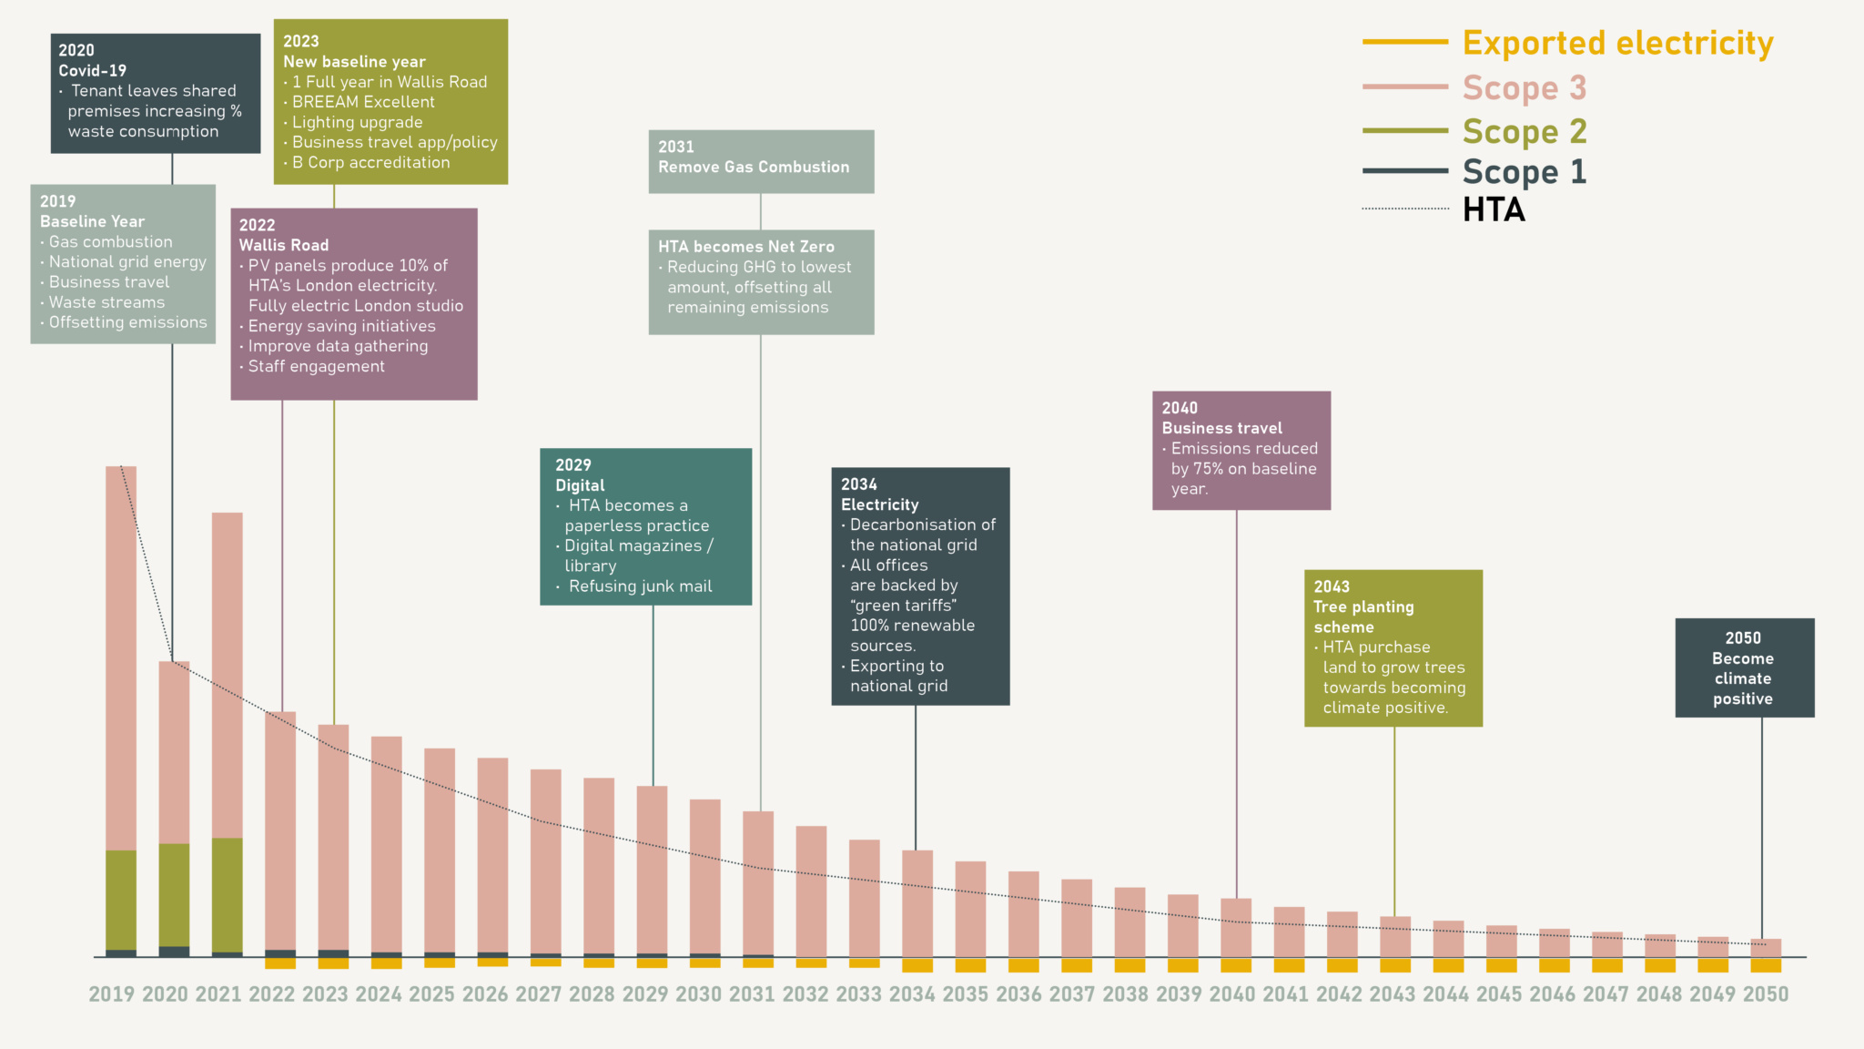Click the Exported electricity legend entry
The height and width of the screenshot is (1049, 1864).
point(1616,43)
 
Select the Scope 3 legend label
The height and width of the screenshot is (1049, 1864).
point(1524,87)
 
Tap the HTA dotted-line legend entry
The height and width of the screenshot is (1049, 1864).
point(1493,209)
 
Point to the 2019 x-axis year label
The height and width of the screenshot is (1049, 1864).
point(111,994)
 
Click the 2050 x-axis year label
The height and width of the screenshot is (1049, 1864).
point(1765,994)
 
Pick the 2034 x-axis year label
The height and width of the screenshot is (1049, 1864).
point(912,994)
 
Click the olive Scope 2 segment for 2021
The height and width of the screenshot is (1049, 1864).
point(228,894)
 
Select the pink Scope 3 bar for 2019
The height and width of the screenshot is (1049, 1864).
point(121,656)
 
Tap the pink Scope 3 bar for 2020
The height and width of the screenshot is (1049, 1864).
point(174,751)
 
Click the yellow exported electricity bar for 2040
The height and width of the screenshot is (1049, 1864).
point(1236,965)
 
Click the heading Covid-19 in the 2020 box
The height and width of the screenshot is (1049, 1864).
point(92,70)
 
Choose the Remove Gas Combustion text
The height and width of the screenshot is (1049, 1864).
point(754,167)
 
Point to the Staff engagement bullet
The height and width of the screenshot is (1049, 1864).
point(316,366)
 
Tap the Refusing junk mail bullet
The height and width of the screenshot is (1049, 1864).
point(640,586)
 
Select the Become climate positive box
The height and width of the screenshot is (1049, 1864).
point(1744,668)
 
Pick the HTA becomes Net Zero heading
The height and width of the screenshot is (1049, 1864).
point(745,247)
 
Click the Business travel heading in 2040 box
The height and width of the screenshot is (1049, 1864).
point(1221,428)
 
